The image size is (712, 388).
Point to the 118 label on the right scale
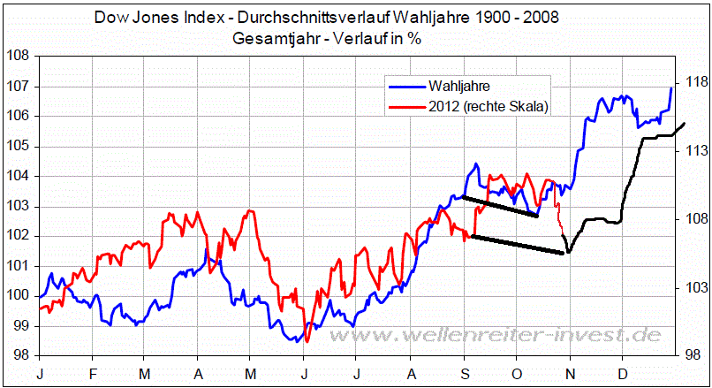point(693,82)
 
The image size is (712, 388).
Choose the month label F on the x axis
point(93,374)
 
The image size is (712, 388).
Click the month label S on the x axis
point(465,374)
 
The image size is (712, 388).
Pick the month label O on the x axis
point(518,374)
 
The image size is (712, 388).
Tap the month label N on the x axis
point(571,374)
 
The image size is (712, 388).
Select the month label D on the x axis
point(623,374)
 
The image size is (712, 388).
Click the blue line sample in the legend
point(405,87)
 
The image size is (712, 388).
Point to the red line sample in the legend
point(405,107)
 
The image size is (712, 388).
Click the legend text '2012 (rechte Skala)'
point(488,107)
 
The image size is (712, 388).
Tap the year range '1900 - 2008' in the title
point(521,18)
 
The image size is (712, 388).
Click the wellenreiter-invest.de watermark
point(529,336)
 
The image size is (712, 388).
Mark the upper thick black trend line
point(500,206)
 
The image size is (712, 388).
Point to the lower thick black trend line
point(518,245)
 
